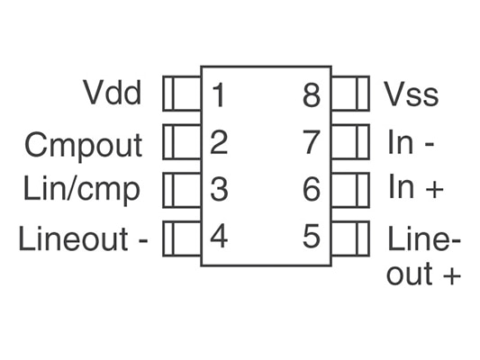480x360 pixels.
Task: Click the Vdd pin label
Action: point(113,93)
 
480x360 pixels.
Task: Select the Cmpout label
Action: point(83,146)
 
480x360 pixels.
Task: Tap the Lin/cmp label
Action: point(82,189)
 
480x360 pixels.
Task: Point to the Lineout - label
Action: point(83,238)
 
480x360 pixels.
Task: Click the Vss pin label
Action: point(412,94)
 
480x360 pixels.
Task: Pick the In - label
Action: point(412,141)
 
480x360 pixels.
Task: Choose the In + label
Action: point(416,186)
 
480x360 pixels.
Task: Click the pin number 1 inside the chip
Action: point(219,95)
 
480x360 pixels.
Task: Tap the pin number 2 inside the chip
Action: point(219,142)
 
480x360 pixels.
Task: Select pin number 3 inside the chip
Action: point(219,189)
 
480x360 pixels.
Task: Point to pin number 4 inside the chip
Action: point(219,236)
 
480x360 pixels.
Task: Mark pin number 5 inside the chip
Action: point(312,236)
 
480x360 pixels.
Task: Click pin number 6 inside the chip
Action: point(312,189)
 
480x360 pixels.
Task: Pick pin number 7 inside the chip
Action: point(312,142)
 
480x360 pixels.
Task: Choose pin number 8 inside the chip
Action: point(312,95)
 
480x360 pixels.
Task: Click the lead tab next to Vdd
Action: point(182,94)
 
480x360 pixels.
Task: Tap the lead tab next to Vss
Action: point(350,94)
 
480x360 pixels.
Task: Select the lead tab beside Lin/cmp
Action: point(182,190)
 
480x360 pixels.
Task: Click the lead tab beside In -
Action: point(350,141)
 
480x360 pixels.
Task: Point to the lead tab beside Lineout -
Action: point(182,238)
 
